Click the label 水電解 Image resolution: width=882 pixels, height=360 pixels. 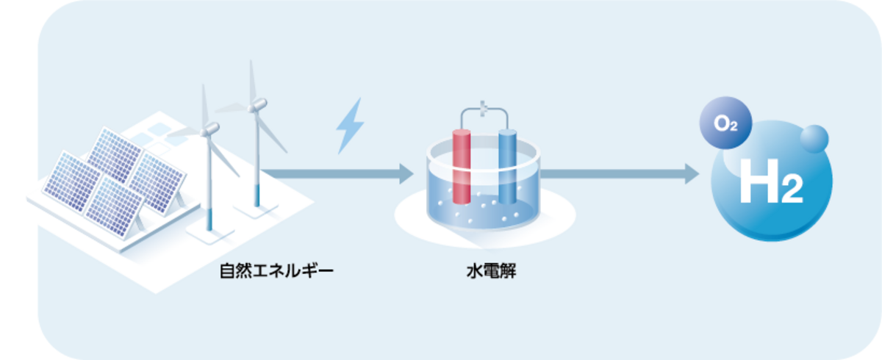click(485, 273)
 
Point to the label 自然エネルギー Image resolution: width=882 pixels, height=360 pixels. click(276, 273)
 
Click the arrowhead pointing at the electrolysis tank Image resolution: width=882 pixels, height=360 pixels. click(406, 174)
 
